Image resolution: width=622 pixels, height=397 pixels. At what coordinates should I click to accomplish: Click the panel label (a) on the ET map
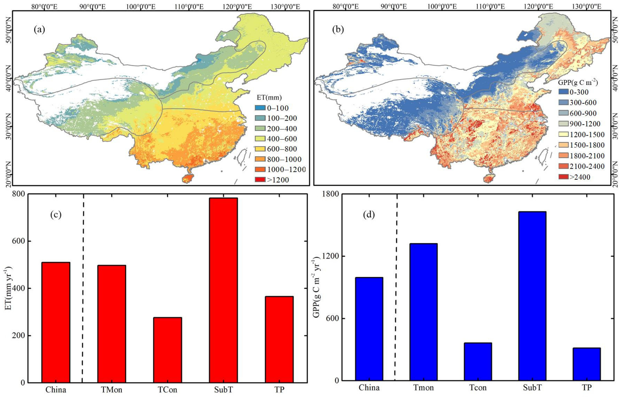click(39, 30)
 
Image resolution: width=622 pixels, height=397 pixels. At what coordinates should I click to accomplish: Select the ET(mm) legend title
click(269, 97)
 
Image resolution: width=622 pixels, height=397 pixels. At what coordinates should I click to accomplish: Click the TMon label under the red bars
click(112, 389)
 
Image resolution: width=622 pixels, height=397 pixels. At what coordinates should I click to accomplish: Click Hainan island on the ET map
click(189, 178)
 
